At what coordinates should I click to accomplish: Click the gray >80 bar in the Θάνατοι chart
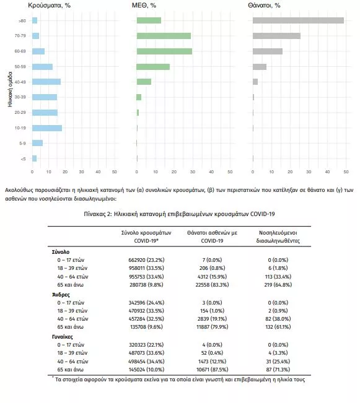[298, 20]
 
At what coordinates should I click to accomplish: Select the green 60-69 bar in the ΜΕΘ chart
[164, 51]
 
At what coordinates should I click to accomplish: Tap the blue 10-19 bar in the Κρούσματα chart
[47, 128]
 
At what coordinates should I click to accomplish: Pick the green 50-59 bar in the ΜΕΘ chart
[153, 67]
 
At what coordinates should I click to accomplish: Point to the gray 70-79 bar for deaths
[276, 36]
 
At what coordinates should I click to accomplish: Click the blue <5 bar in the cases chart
[34, 158]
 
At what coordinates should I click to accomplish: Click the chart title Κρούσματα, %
[49, 6]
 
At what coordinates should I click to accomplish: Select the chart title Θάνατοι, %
[264, 6]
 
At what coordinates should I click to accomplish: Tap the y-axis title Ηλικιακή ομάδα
[10, 89]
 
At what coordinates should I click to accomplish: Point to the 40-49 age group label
[20, 82]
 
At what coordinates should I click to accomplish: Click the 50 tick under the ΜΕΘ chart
[230, 171]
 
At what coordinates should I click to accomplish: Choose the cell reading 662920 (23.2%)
[146, 260]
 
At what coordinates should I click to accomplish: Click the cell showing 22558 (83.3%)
[212, 285]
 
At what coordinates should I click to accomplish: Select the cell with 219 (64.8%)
[278, 285]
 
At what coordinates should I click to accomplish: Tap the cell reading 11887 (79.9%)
[212, 327]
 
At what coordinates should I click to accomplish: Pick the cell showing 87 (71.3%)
[278, 370]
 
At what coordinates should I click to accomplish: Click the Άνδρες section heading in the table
[61, 295]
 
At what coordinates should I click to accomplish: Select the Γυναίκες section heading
[63, 337]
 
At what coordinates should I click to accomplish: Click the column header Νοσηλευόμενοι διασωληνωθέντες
[278, 236]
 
